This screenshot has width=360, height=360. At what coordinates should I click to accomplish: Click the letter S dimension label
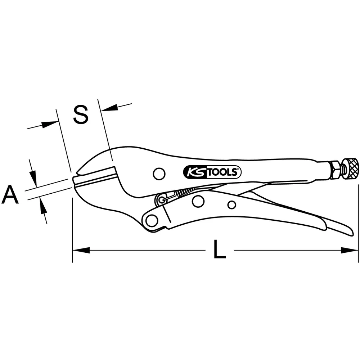click(80, 115)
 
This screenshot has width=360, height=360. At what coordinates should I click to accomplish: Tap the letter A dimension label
click(10, 194)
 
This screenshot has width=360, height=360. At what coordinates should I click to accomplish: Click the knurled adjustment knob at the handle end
click(351, 167)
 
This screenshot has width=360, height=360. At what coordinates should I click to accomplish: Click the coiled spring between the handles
click(185, 193)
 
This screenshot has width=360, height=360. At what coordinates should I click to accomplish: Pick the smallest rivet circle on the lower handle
click(232, 205)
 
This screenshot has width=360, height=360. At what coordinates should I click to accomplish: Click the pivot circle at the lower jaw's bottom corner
click(152, 220)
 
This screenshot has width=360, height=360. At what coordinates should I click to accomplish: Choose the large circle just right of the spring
click(198, 201)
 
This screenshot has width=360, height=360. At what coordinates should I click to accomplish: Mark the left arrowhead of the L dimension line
click(80, 250)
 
